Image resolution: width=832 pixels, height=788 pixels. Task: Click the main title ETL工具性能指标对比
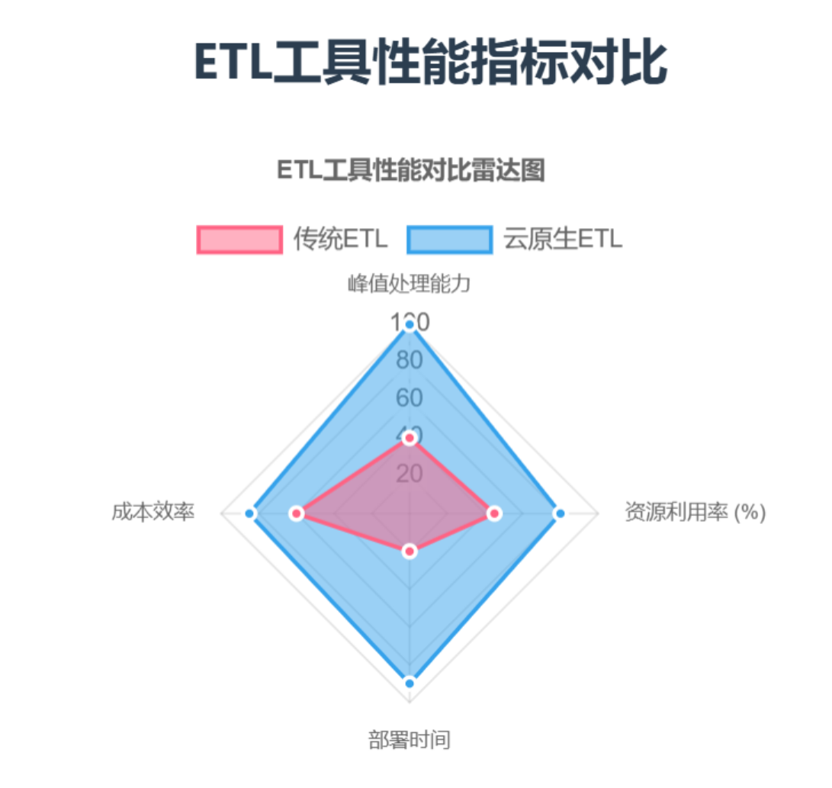[x=431, y=63]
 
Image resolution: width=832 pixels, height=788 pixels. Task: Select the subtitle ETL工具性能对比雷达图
[x=410, y=170]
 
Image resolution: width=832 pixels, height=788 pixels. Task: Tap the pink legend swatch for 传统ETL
[x=239, y=240]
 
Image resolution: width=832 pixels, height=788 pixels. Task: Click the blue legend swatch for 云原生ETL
[x=449, y=240]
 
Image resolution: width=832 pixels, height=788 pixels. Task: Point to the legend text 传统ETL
[x=341, y=240]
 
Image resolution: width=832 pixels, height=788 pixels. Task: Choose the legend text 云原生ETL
[x=563, y=240]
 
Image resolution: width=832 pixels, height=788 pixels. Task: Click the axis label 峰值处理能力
[x=410, y=285]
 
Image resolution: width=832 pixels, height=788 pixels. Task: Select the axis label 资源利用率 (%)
[x=695, y=513]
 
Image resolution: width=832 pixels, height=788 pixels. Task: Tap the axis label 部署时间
[x=410, y=740]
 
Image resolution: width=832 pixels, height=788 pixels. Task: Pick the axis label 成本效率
[x=153, y=513]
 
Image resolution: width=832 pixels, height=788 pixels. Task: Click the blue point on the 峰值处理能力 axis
[x=410, y=326]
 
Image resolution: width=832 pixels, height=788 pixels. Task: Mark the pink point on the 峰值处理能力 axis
[x=410, y=438]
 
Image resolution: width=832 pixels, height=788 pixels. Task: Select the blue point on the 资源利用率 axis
[x=560, y=513]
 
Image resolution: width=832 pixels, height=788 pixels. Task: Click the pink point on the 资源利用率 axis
[x=494, y=513]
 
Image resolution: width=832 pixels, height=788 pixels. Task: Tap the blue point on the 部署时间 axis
[x=410, y=683]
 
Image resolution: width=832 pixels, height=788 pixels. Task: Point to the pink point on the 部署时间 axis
[x=410, y=551]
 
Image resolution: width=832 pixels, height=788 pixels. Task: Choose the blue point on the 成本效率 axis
[x=249, y=513]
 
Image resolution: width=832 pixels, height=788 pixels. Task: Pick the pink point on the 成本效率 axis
[x=297, y=513]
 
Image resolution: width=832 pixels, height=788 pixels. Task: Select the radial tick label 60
[x=410, y=398]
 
